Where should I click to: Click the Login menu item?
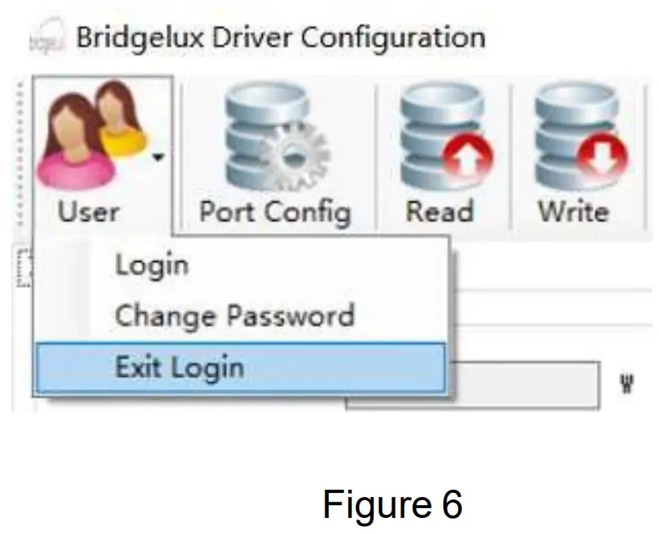pos(151,264)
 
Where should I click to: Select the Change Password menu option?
pos(234,315)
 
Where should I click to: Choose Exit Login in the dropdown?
pos(179,367)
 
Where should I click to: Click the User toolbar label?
pos(89,212)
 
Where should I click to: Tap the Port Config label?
pos(275,212)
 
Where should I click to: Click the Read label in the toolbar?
pos(439,212)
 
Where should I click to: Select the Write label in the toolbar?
pos(573,212)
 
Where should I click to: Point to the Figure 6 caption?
pos(392,504)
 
